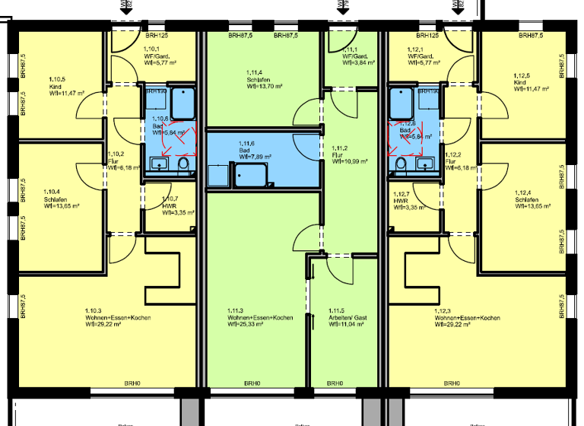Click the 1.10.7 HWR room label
pyautogui.click(x=170, y=203)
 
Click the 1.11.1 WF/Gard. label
pyautogui.click(x=354, y=56)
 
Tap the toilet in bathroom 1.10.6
pyautogui.click(x=182, y=165)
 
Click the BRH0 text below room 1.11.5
pyautogui.click(x=333, y=383)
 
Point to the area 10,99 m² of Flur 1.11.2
pyautogui.click(x=350, y=161)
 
